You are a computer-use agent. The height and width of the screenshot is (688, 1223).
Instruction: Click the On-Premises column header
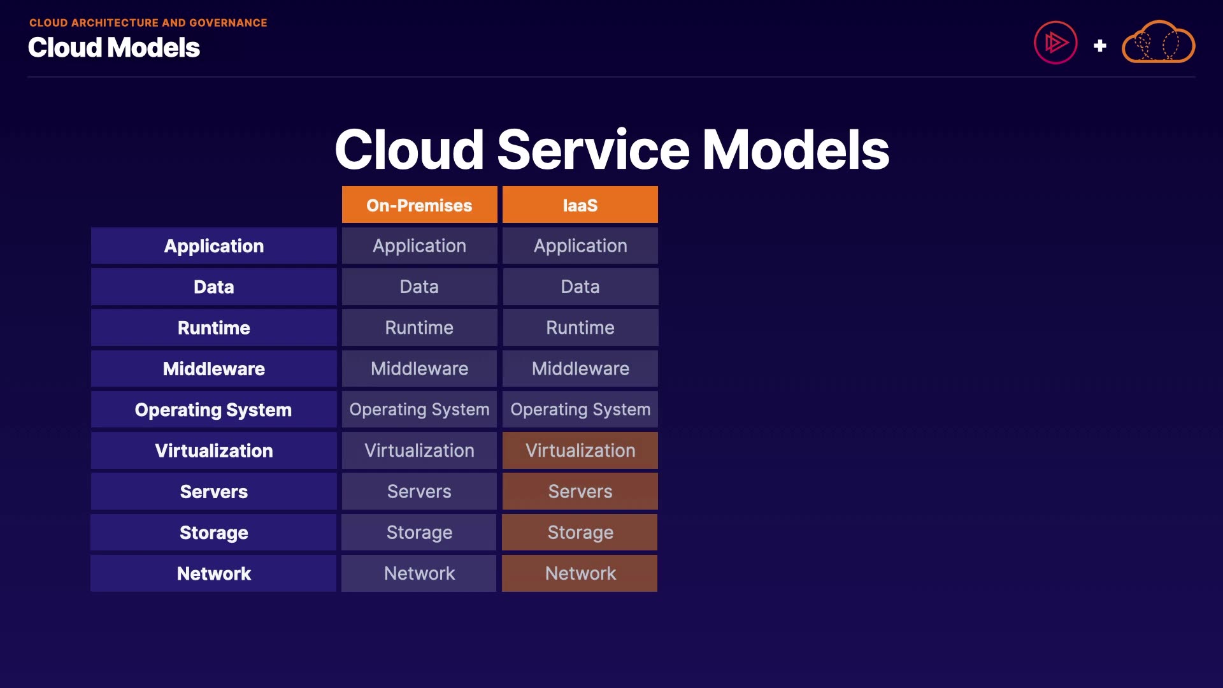419,204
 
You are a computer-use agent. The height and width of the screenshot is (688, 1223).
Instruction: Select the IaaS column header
580,204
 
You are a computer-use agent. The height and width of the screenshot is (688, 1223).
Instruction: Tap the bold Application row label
213,246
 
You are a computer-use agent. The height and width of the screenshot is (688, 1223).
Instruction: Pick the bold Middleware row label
213,369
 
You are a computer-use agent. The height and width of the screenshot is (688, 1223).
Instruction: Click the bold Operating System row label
213,410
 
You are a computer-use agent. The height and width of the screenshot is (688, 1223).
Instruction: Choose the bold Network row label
213,573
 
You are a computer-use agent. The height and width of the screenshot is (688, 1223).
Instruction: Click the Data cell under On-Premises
419,287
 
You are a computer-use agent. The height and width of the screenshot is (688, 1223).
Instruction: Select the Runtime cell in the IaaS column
580,327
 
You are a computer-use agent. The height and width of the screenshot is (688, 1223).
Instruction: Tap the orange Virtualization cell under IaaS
580,450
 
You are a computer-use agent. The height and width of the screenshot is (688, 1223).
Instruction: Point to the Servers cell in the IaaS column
580,491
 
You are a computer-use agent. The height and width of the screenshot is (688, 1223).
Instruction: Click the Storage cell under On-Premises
419,533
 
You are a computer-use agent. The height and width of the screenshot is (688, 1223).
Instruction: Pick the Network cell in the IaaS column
580,573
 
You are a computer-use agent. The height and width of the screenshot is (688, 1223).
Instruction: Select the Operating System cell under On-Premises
419,410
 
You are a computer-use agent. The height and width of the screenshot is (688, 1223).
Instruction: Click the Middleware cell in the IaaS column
580,369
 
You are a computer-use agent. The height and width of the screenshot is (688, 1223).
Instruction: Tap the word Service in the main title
593,150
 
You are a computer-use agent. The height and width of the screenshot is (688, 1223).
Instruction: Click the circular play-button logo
1055,43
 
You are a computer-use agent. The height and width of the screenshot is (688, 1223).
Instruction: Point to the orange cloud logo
1158,42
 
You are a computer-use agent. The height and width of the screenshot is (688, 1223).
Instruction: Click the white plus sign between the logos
1099,46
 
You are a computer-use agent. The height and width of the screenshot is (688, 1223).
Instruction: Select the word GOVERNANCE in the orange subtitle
228,23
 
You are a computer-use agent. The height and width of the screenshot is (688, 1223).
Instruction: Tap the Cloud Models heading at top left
114,48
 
